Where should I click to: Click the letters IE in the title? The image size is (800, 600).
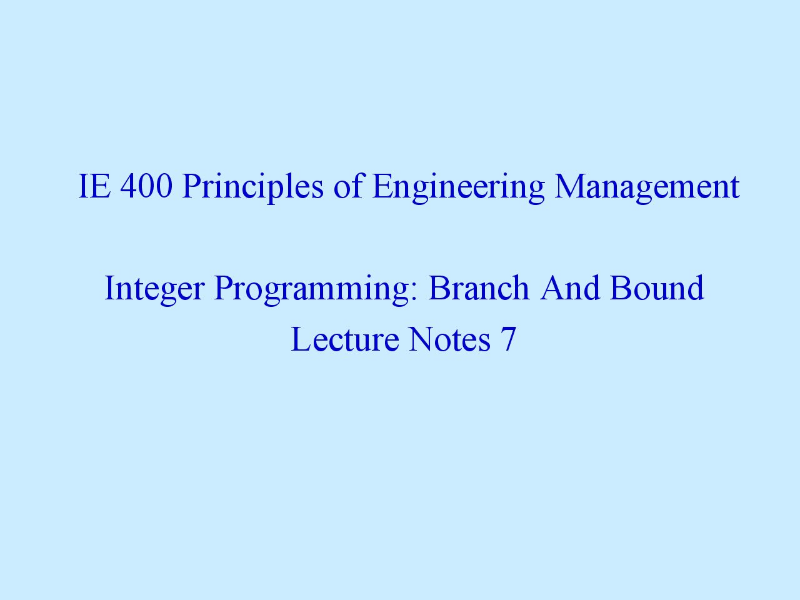point(94,186)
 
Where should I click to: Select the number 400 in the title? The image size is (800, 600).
point(146,186)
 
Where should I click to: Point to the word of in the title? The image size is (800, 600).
point(348,186)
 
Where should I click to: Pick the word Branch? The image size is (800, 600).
point(479,287)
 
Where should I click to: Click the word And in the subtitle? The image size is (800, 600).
point(569,287)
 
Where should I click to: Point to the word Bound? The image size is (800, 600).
point(657,287)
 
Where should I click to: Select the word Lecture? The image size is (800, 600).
point(345,339)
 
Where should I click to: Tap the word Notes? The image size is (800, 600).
point(450,339)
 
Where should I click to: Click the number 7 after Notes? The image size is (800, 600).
point(509,339)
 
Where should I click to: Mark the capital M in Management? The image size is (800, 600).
point(571,186)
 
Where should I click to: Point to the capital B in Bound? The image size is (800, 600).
point(621,287)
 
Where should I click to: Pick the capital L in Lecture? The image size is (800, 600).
point(302,339)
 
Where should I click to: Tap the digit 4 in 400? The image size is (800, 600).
point(129,186)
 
